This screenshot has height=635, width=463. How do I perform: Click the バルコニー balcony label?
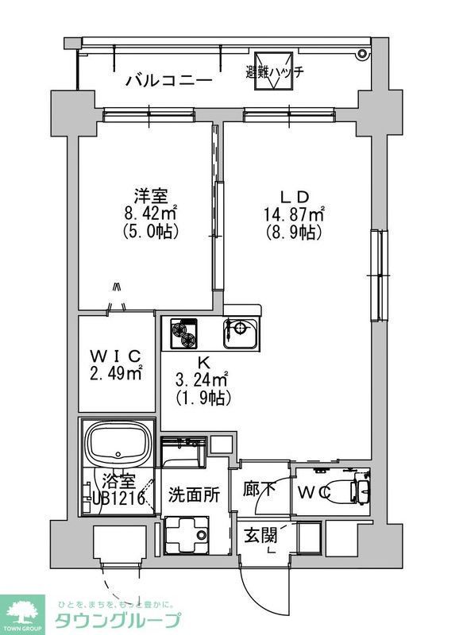pyautogui.click(x=169, y=80)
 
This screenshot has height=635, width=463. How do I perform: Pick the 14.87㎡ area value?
pyautogui.click(x=294, y=214)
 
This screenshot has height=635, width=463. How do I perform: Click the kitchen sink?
pyautogui.click(x=239, y=333)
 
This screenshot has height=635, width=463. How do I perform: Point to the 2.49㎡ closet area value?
pyautogui.click(x=116, y=373)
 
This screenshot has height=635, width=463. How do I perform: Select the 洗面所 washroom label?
pyautogui.click(x=193, y=493)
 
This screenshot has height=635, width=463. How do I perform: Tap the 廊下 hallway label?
pyautogui.click(x=259, y=490)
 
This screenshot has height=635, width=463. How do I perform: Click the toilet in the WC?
pyautogui.click(x=349, y=490)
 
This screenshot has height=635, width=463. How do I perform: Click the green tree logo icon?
pyautogui.click(x=25, y=612)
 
